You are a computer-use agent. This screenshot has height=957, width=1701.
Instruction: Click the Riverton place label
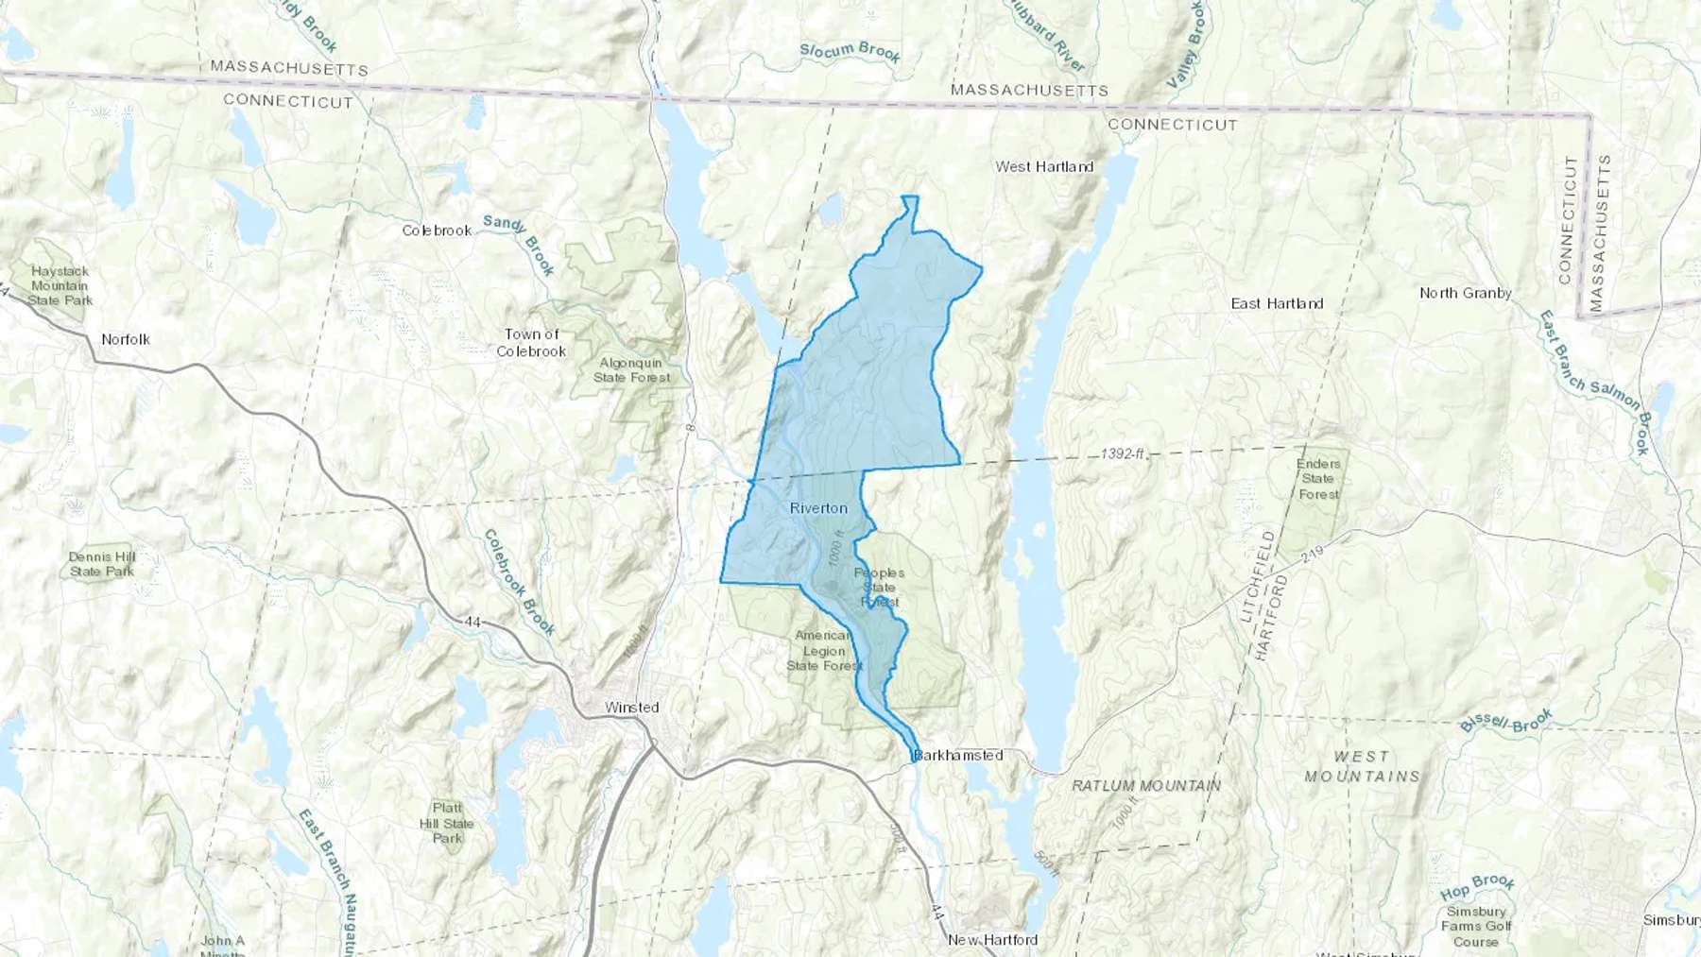tap(818, 508)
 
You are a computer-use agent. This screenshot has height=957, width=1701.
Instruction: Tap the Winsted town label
tap(632, 708)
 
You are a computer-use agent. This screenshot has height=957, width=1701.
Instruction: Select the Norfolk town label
tap(126, 339)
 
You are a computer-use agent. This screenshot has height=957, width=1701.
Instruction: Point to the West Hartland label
tap(1044, 167)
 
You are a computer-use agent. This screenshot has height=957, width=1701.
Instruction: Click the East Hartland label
tap(1277, 304)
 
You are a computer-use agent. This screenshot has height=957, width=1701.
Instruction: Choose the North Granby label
tap(1465, 294)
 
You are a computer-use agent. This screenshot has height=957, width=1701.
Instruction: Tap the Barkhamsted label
tap(958, 756)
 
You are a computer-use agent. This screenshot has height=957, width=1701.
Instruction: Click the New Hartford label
tap(992, 940)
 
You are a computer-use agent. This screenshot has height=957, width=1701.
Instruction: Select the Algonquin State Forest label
tap(631, 370)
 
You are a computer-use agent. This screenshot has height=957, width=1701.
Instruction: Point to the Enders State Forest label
tap(1318, 479)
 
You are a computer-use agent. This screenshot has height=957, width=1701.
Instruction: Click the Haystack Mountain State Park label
tap(60, 286)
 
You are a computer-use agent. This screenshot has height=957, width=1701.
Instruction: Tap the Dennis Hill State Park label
tap(102, 564)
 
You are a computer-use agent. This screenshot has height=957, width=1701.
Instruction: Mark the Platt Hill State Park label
tap(447, 823)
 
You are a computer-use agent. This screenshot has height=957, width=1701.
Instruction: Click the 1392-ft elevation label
tap(1123, 454)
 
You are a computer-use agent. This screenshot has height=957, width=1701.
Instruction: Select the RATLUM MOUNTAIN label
tap(1146, 786)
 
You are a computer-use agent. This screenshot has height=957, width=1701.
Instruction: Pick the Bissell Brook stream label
tap(1506, 722)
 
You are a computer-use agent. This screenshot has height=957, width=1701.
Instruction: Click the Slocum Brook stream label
tap(850, 52)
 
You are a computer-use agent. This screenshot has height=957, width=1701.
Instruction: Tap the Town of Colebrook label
tap(531, 343)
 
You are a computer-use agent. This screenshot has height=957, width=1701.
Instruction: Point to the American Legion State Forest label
tap(824, 651)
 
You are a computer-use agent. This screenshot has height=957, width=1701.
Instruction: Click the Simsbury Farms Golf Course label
tap(1476, 927)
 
